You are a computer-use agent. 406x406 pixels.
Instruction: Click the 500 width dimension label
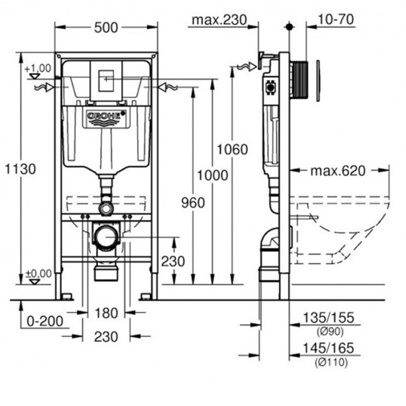pos(106,27)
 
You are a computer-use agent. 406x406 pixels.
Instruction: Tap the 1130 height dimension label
pos(20,169)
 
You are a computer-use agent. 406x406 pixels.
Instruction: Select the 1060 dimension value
pos(233,150)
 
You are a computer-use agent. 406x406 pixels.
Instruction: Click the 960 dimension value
pos(193,202)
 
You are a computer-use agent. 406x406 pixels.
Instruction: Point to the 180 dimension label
pos(106,313)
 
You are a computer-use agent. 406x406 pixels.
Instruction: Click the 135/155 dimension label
pos(328,318)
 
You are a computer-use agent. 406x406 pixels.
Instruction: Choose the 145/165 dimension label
pos(328,348)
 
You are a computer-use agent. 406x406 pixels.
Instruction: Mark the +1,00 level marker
pos(38,68)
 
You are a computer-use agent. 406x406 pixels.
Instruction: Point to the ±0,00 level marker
pos(38,273)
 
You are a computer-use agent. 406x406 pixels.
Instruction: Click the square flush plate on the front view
pos(106,81)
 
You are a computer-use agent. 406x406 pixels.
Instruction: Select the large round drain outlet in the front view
pos(106,236)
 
